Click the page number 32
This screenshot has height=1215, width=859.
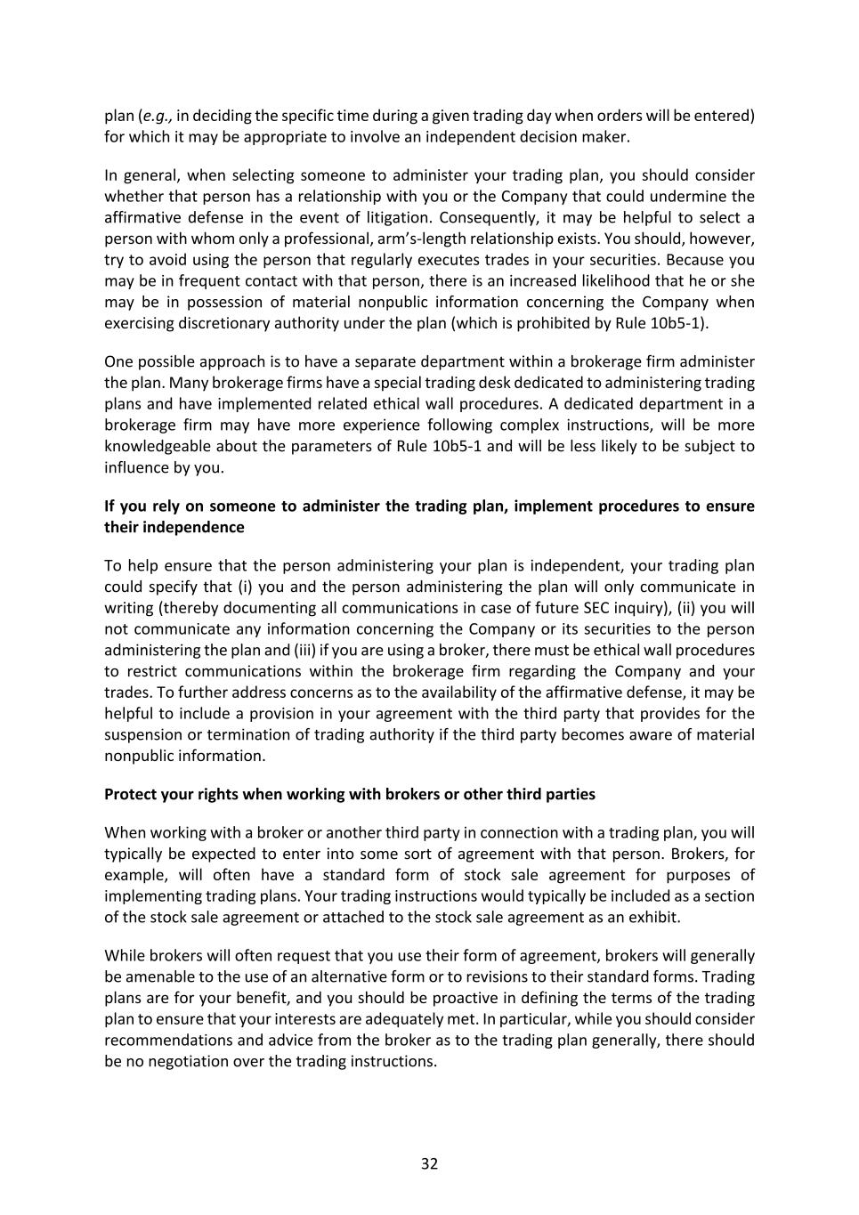coord(429,1164)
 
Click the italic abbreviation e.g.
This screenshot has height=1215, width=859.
coord(157,116)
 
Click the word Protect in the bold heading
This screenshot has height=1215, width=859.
coord(130,794)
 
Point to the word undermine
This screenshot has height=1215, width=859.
coord(693,196)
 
